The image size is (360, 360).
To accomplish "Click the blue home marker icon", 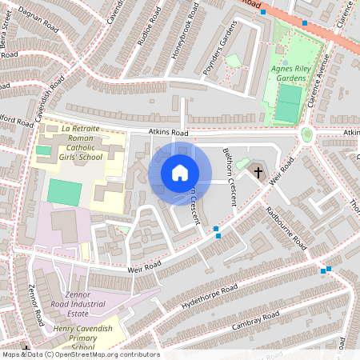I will [180, 173].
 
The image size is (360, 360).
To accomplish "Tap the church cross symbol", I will [258, 172].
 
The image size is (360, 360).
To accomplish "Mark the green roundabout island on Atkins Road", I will [306, 134].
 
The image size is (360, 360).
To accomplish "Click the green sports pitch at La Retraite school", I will [64, 193].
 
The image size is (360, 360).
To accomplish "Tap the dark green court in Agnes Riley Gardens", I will [287, 102].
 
